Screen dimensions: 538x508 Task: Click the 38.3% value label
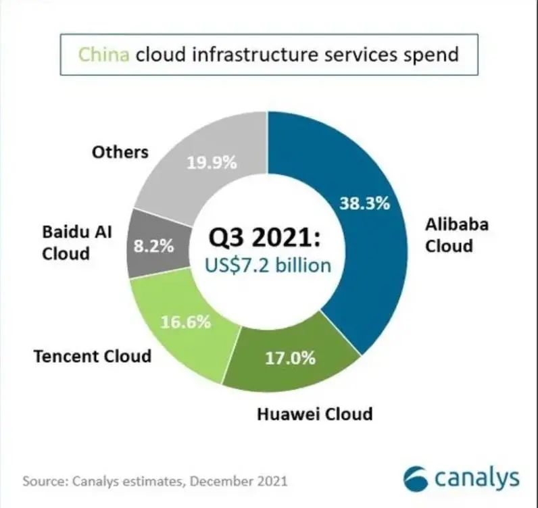(365, 203)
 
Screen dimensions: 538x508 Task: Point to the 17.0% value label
(290, 359)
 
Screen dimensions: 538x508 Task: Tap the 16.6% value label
(186, 322)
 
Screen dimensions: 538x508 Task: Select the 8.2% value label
(153, 246)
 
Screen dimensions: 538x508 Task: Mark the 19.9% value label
(212, 163)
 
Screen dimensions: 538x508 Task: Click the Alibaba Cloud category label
(457, 235)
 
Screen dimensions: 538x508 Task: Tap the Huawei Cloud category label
(315, 414)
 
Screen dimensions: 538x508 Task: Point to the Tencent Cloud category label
(93, 356)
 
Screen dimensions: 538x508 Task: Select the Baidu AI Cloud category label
(77, 243)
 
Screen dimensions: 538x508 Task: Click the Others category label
(120, 152)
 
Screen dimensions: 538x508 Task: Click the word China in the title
(104, 55)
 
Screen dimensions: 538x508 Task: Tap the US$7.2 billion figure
(268, 266)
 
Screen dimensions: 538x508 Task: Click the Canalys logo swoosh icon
(416, 478)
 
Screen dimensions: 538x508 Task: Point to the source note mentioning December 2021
(155, 481)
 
